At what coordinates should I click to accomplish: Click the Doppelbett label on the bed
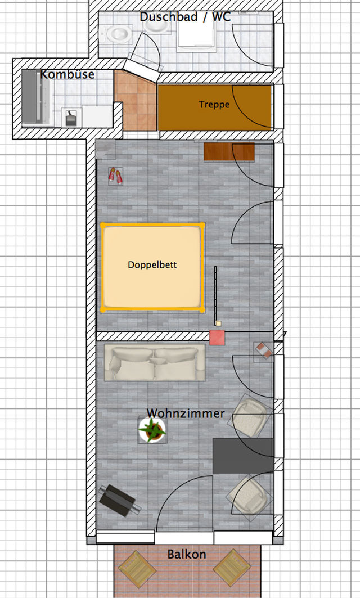pos(152,264)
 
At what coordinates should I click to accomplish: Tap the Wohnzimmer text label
pos(186,413)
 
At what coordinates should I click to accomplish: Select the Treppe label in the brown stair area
pos(214,105)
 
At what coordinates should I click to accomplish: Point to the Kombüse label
pos(67,74)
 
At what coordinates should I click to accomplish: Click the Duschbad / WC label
pos(185,17)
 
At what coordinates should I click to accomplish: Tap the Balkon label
pos(186,555)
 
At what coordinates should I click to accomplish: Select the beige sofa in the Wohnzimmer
pos(155,363)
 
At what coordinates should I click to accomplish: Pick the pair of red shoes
pos(115,176)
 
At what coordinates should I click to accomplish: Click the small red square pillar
pos(217,338)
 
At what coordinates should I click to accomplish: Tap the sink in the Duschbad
pos(119,34)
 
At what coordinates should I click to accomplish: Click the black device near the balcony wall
pos(119,500)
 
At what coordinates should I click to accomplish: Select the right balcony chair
pos(231,568)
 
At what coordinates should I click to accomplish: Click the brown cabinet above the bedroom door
pos(229,151)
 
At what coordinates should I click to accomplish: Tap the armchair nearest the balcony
pos(249,494)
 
